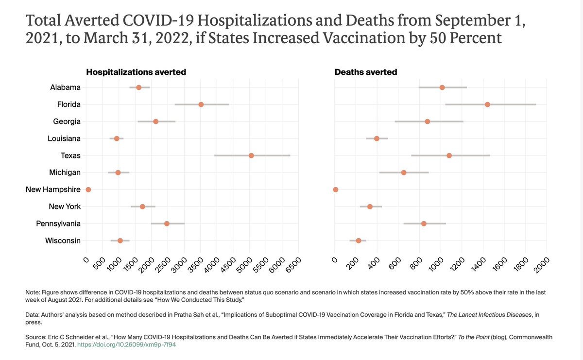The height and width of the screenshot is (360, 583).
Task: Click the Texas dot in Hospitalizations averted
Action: [251, 155]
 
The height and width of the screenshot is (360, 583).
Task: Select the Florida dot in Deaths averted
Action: [487, 104]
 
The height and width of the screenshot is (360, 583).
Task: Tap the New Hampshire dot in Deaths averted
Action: [335, 189]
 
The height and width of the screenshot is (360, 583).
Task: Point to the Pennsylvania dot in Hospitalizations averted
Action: [167, 223]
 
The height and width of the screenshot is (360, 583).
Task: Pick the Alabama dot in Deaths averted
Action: [442, 87]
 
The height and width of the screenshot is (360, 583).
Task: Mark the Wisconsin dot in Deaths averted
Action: [359, 240]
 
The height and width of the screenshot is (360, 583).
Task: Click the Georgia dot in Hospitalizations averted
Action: [155, 121]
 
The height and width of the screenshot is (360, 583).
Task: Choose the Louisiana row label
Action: [64, 138]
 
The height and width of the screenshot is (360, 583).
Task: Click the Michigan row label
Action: [65, 172]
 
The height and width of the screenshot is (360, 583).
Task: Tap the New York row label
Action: [65, 206]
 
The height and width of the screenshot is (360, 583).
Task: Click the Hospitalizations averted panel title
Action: [136, 72]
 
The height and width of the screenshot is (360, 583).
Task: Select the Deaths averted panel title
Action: [366, 72]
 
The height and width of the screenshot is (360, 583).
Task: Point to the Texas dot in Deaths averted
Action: [449, 155]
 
